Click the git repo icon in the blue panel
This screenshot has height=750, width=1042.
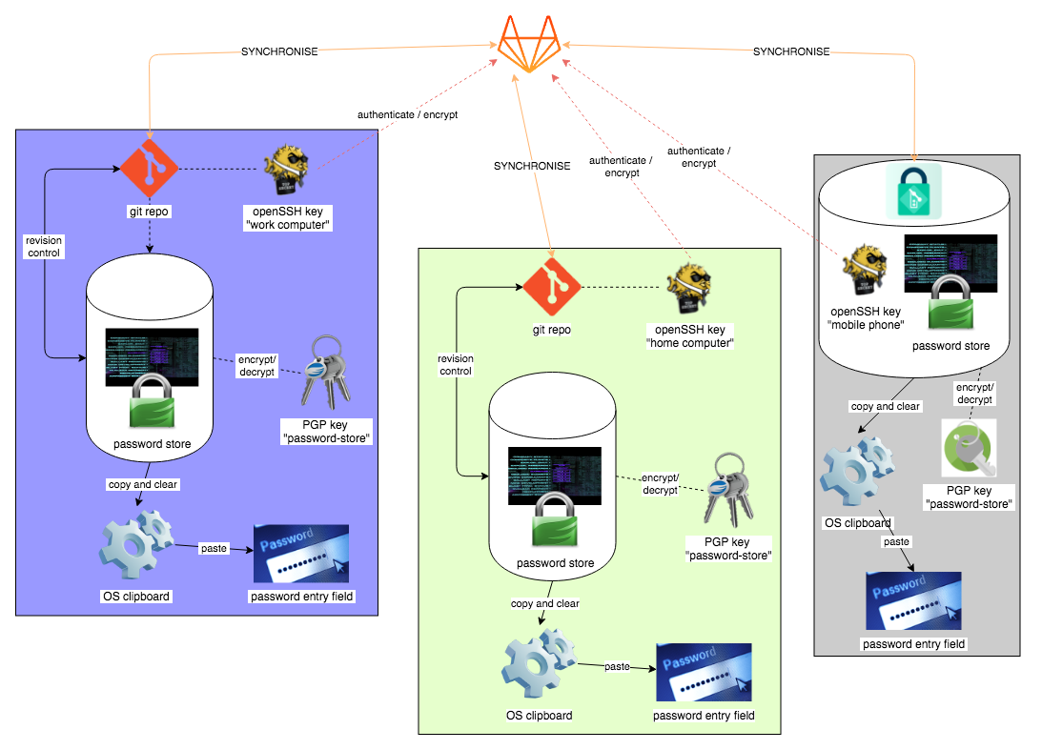[149, 169]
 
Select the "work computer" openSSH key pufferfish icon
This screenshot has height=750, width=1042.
[290, 169]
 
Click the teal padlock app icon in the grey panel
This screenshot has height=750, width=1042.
[913, 188]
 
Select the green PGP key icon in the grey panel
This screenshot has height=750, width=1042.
[969, 448]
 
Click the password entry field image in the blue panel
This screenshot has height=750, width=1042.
[300, 553]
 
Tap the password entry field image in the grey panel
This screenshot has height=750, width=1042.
[913, 600]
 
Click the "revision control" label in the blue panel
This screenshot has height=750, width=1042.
[44, 247]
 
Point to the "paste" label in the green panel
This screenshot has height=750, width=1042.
[617, 666]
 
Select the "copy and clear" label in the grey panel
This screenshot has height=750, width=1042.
[885, 406]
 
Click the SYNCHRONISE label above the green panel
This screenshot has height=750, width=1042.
[532, 166]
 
